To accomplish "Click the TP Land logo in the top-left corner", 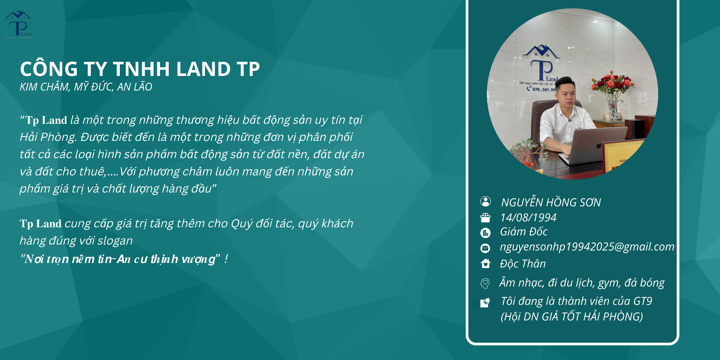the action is pos(18,25).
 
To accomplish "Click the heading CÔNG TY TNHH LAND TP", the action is pos(140,69).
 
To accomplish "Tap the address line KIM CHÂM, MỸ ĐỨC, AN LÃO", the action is pos(86,87).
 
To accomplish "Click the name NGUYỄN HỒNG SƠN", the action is pos(551,202).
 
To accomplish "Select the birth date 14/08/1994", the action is pos(528,217).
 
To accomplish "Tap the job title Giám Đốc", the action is pos(524,232).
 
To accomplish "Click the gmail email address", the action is pos(587,247).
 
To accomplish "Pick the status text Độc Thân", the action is pos(523,264).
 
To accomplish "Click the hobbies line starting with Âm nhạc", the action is pos(582,283).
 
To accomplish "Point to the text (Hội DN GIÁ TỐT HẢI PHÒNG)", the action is pos(572,317).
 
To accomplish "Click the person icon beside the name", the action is pos(485,201).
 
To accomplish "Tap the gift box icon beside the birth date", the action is pos(485,218).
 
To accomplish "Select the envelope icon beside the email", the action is pos(485,248).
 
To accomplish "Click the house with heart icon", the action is pos(485,264).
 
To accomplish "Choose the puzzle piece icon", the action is pos(485,303).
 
